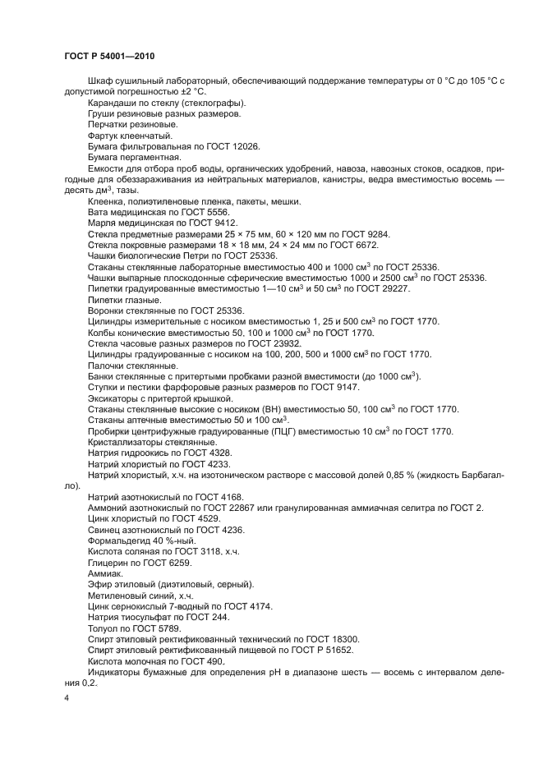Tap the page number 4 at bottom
tap(67, 697)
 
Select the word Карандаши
tap(109, 103)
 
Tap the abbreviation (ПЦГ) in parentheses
tap(285, 431)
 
